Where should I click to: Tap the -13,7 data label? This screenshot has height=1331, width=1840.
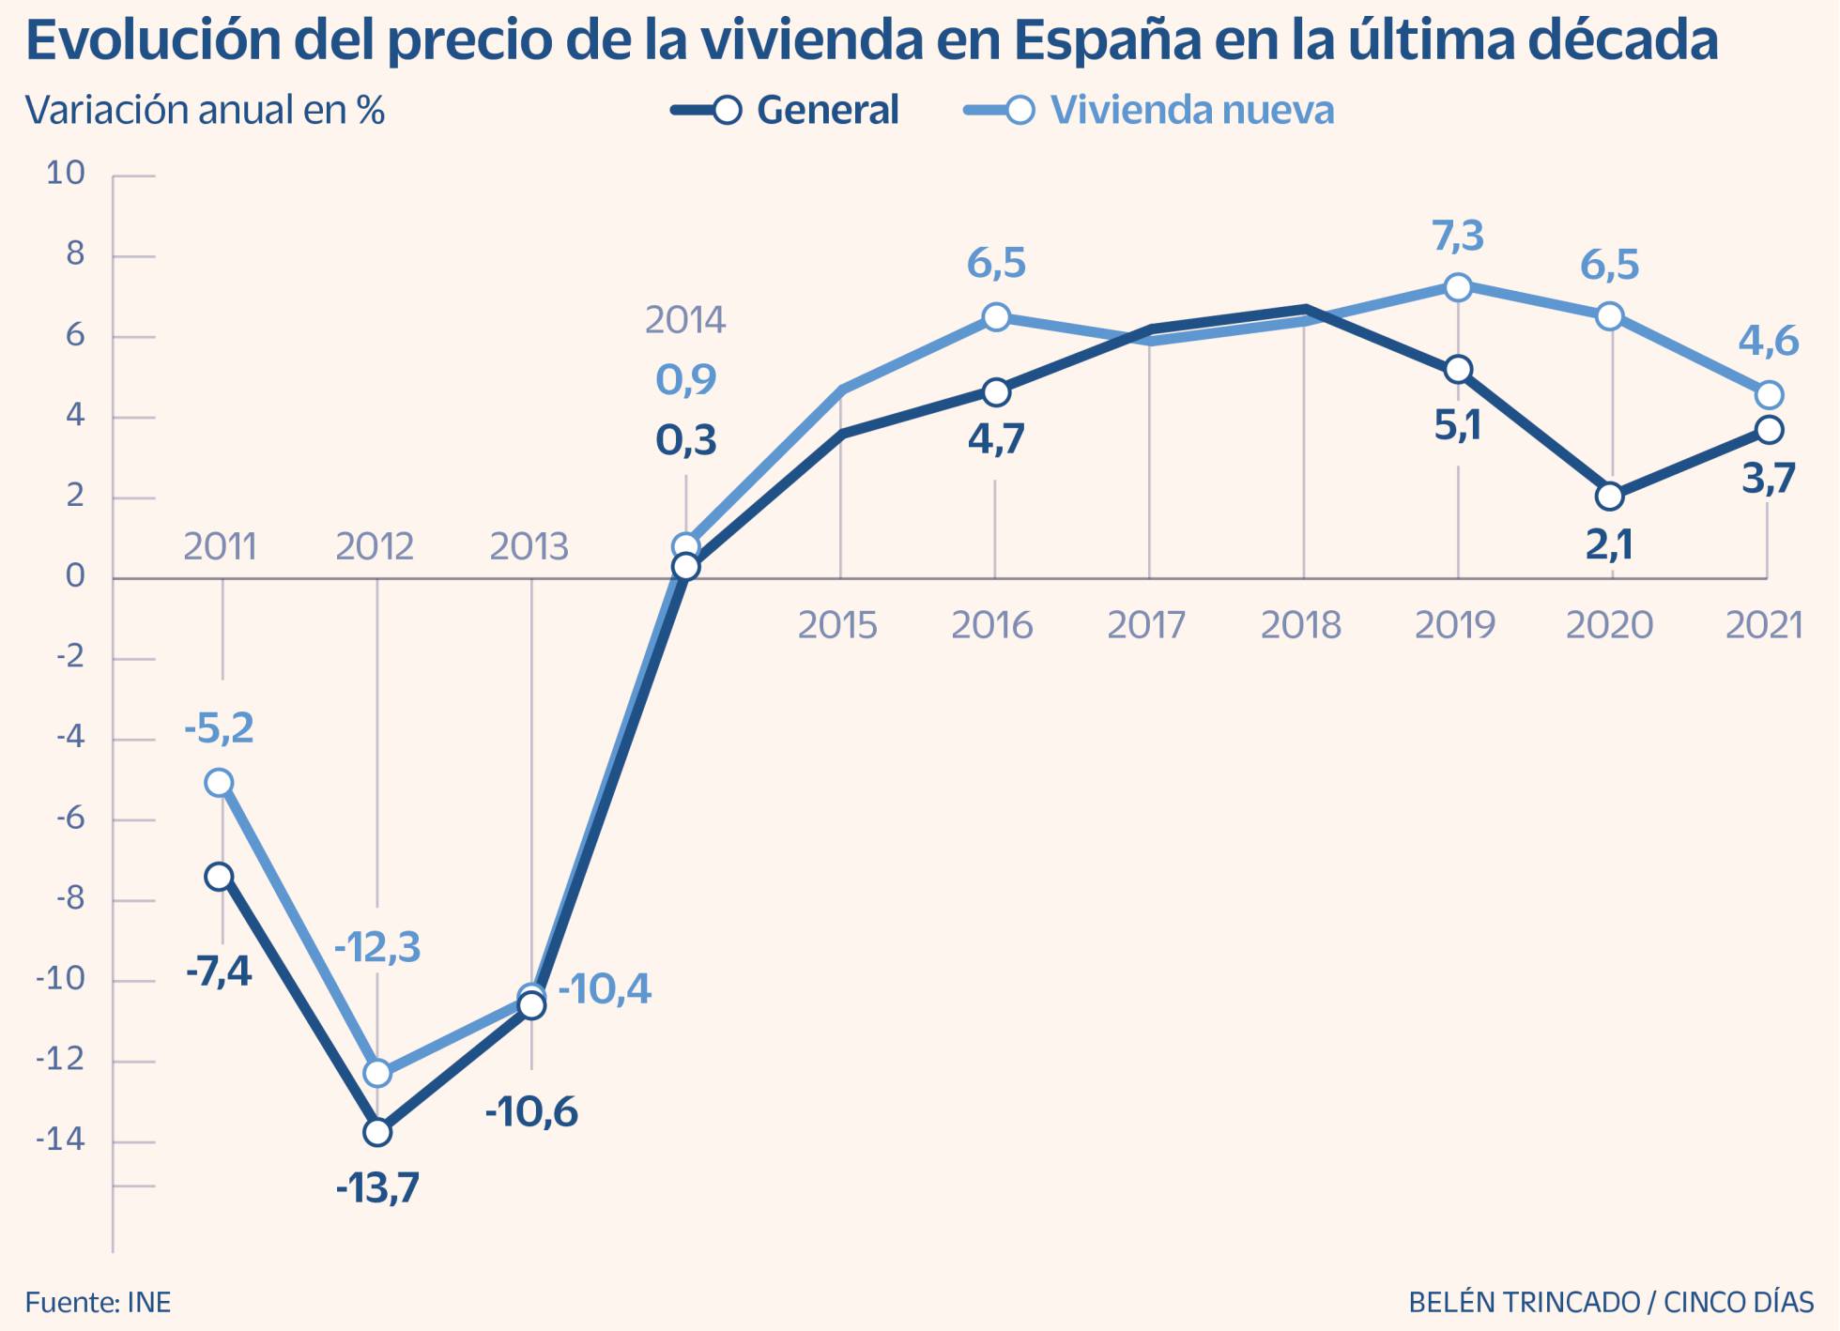click(x=377, y=1188)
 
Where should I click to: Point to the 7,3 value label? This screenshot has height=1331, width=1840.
click(x=1458, y=236)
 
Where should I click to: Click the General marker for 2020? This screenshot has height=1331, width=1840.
click(x=1610, y=496)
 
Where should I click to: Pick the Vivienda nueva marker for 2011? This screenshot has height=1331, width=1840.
click(x=220, y=782)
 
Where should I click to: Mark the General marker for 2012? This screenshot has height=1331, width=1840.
click(x=377, y=1132)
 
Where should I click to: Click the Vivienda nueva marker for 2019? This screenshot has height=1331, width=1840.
click(x=1458, y=287)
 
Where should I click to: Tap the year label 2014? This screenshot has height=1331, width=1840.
click(x=685, y=320)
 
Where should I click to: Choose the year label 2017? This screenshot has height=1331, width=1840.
click(x=1146, y=625)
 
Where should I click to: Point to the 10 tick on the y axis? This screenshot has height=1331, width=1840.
click(x=66, y=173)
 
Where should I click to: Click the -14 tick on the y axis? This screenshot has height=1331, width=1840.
click(x=60, y=1140)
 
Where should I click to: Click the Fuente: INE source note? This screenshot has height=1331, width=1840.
click(x=98, y=1303)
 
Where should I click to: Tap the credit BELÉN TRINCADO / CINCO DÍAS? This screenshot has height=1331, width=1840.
click(x=1611, y=1303)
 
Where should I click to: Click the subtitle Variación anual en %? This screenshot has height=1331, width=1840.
click(x=205, y=110)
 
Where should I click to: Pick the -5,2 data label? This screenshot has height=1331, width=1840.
click(x=219, y=727)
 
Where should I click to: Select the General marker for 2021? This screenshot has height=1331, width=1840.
click(x=1770, y=430)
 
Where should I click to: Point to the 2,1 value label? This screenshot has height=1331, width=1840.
click(x=1610, y=544)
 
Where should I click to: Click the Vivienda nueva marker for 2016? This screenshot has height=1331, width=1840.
click(x=996, y=317)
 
